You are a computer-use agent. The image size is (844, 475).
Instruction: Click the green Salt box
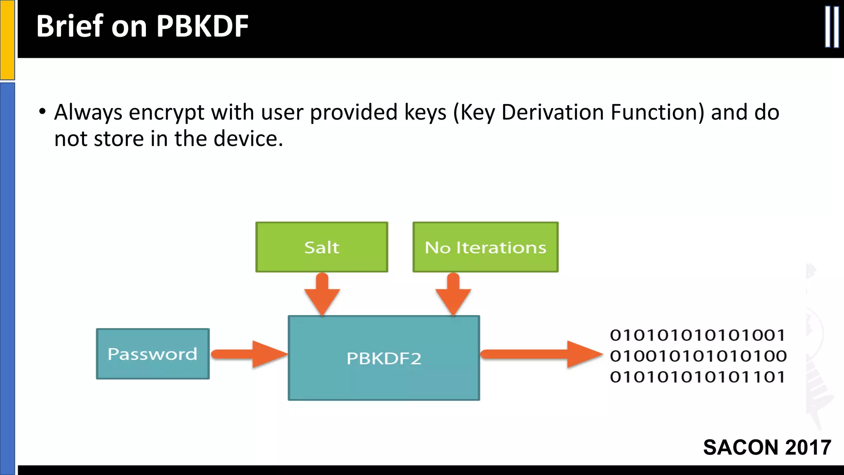(x=321, y=247)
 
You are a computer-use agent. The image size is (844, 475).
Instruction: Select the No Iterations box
(x=485, y=247)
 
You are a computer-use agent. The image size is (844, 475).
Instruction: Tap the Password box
(x=152, y=354)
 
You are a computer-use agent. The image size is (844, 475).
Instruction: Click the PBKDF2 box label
(x=384, y=358)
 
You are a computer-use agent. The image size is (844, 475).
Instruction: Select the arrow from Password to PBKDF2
(x=250, y=354)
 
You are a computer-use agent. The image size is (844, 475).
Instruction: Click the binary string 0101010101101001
(x=697, y=335)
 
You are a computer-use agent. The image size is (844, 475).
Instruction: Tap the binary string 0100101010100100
(x=698, y=356)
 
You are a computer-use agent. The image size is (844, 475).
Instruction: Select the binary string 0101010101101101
(x=697, y=377)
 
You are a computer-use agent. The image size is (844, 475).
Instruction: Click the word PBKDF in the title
(x=202, y=26)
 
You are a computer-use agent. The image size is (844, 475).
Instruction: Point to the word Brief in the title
(x=70, y=26)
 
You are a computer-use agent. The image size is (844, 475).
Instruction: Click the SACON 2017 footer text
(x=767, y=447)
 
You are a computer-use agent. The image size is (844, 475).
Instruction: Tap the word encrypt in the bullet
(x=166, y=113)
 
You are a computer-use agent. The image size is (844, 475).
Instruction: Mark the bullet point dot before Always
(x=42, y=112)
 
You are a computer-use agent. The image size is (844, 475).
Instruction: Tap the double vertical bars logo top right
(x=832, y=27)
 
